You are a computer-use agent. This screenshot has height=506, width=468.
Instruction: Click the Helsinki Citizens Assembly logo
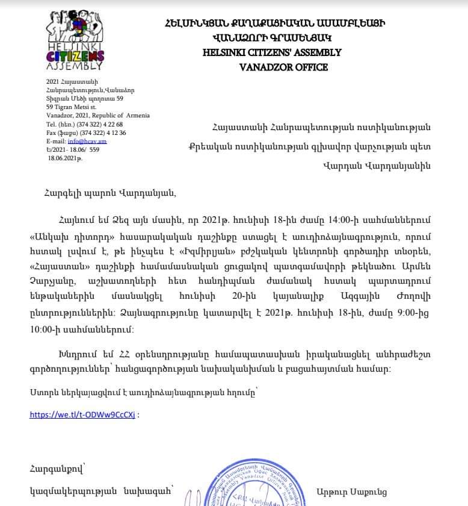tap(75, 40)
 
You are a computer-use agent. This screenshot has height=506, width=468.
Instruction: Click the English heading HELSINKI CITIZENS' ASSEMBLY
tap(272, 52)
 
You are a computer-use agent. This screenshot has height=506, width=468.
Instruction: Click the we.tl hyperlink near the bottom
tap(82, 414)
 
